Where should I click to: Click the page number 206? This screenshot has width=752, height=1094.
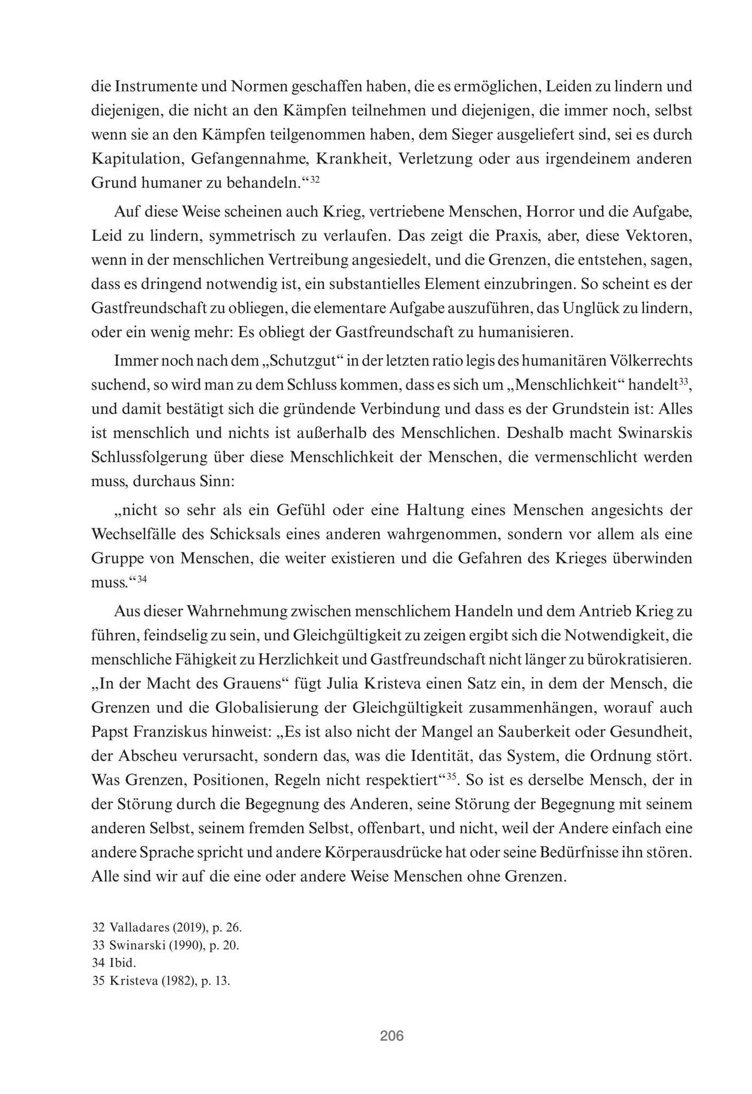(391, 1036)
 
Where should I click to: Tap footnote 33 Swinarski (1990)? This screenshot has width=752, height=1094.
(166, 945)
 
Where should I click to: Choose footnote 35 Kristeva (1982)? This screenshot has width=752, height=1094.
(161, 981)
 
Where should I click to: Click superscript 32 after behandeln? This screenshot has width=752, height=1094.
(315, 179)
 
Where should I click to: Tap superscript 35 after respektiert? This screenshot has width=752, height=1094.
(451, 776)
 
